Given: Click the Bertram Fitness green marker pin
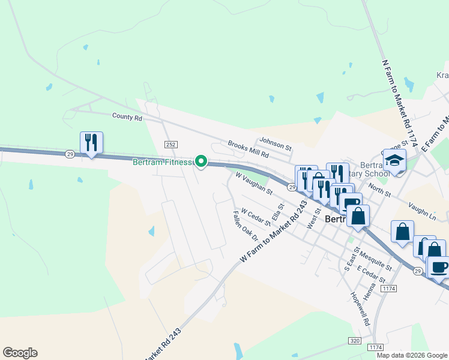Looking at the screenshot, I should click(x=202, y=161).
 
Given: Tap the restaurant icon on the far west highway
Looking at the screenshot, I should click(x=91, y=143).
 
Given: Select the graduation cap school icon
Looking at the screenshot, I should click(x=394, y=160).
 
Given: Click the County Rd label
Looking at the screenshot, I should click(x=127, y=118).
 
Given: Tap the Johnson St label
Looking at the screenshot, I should click(x=275, y=145).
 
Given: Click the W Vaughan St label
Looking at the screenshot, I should click(x=255, y=184).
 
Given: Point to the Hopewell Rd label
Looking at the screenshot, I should click(x=361, y=309).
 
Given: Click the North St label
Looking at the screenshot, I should click(x=379, y=190).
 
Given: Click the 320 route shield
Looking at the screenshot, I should click(x=355, y=340).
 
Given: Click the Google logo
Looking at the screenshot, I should click(x=20, y=353).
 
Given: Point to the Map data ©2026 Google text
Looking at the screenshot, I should click(x=412, y=355).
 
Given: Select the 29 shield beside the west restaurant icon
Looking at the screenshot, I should click(x=70, y=154).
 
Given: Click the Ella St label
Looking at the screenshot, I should click(x=277, y=212).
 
